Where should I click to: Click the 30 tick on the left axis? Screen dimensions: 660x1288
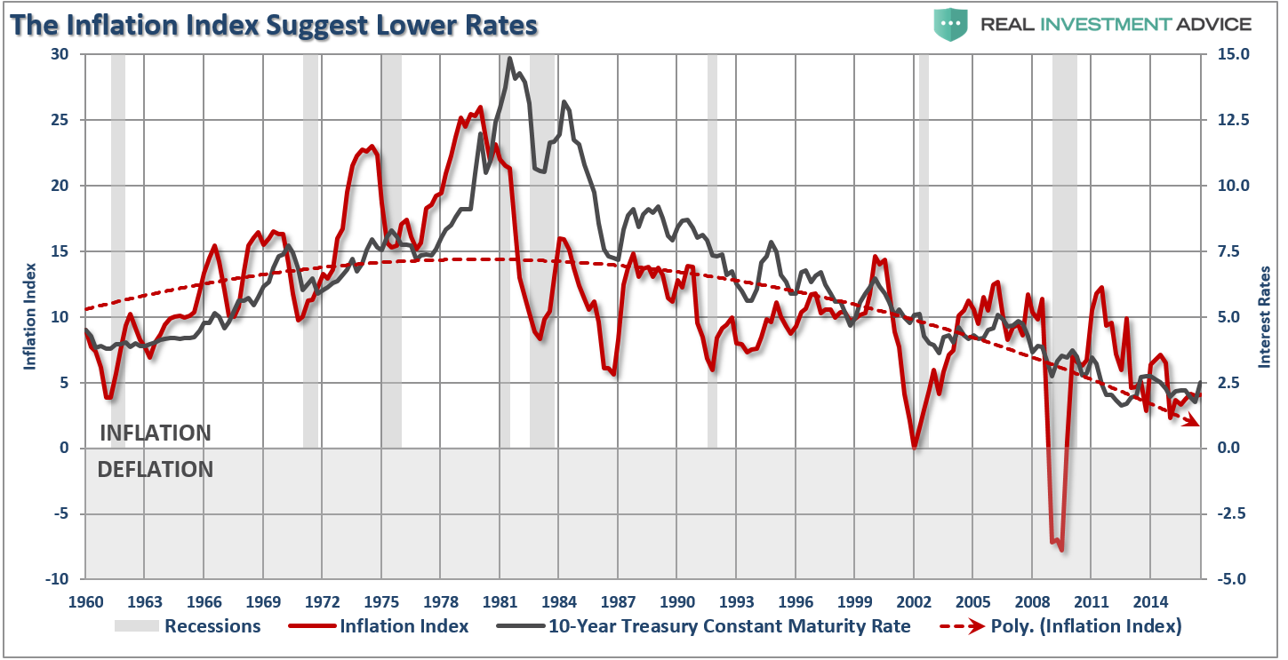pos(60,54)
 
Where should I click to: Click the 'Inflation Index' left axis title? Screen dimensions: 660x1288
pos(29,316)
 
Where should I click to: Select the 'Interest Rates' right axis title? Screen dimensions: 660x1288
pos(1262,316)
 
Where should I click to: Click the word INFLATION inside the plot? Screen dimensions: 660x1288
pos(156,433)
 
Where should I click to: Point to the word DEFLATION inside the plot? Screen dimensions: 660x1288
pos(156,469)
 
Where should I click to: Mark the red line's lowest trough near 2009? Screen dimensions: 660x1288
pos(1061,550)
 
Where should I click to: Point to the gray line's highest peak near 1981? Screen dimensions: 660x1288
pos(509,60)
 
